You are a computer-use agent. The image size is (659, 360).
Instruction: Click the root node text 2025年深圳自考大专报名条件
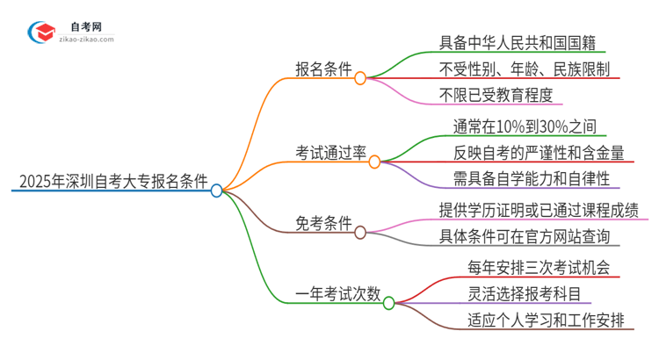[110, 184]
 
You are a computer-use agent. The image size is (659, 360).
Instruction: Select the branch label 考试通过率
[330, 153]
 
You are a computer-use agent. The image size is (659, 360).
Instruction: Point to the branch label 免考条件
[322, 223]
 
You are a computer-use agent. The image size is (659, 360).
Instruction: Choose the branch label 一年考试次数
[337, 294]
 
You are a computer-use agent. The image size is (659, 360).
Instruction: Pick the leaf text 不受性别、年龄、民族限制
[525, 68]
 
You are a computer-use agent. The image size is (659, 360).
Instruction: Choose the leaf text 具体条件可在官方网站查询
[530, 235]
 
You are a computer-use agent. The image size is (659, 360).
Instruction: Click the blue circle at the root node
[217, 190]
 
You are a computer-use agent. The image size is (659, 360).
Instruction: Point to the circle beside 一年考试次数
[389, 301]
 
